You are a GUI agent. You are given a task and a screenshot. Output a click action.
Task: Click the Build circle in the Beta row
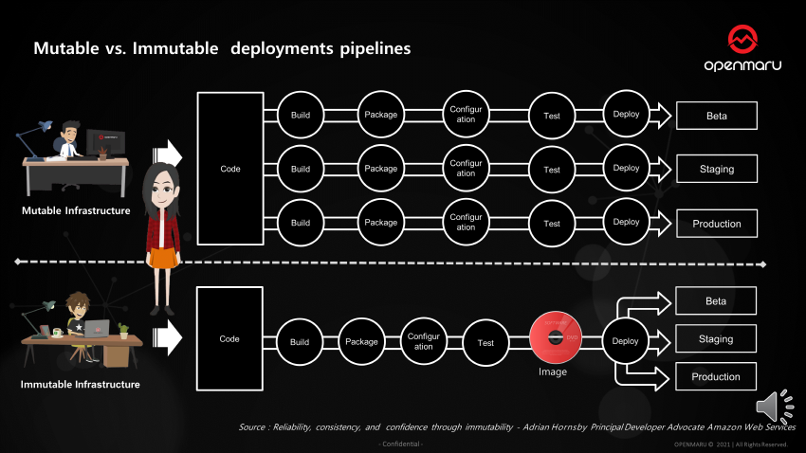[x=301, y=116]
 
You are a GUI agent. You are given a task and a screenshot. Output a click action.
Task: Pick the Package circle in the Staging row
[x=381, y=170]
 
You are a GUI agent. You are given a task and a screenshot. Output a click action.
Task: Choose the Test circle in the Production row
[x=552, y=224]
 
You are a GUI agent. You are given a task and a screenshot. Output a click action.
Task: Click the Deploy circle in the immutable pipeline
[x=626, y=341]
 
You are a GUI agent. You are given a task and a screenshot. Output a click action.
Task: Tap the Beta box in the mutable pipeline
[x=716, y=116]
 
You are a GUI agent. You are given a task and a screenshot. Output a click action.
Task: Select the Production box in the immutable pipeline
[x=716, y=376]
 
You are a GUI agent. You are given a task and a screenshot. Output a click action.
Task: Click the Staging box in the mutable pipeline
[x=716, y=170]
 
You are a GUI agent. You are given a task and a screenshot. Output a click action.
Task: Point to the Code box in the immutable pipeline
[x=229, y=339]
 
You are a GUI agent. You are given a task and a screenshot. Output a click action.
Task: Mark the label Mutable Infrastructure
[x=76, y=210]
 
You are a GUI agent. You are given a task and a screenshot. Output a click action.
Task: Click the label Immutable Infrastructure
[x=81, y=384]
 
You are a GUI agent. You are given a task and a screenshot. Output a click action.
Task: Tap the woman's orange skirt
[x=163, y=259]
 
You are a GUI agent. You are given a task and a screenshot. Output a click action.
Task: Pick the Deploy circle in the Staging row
[x=626, y=169]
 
